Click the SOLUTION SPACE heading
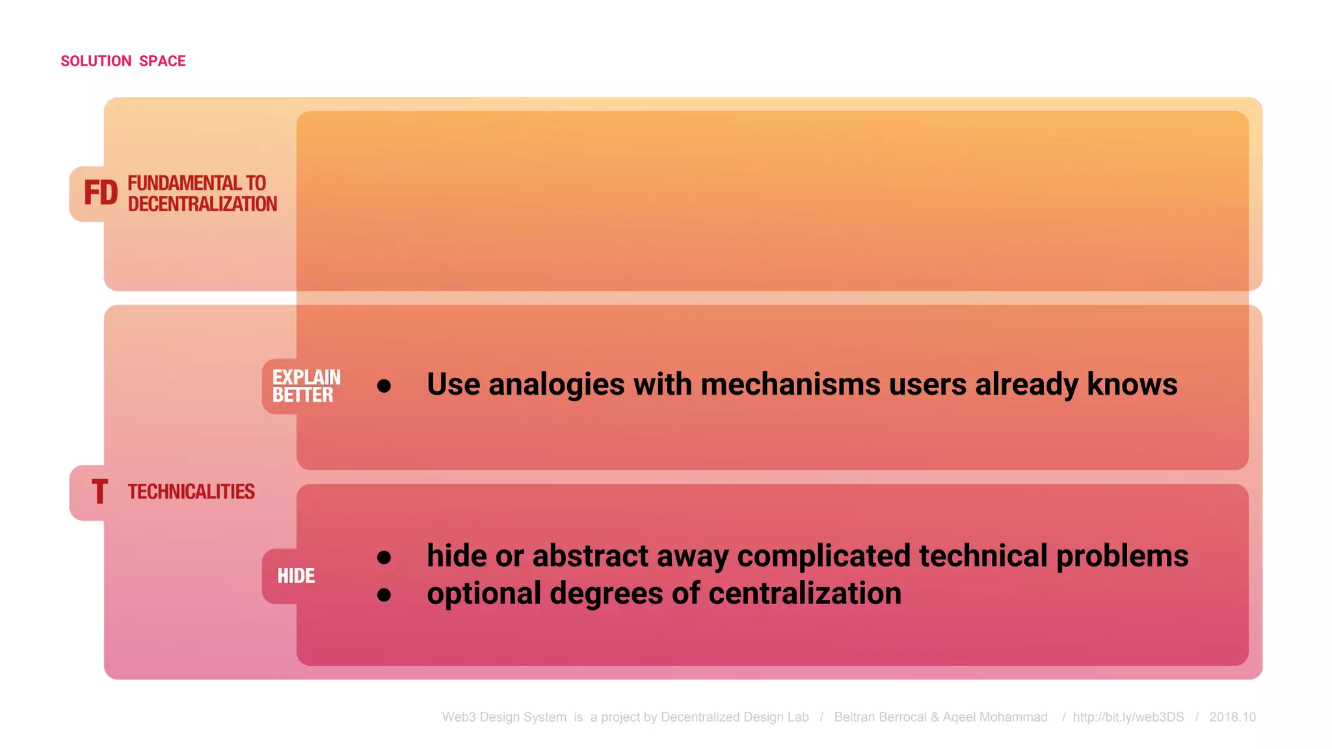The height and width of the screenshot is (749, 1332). (x=123, y=61)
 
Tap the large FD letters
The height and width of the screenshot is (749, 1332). (x=101, y=193)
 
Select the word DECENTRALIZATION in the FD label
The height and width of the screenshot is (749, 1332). (x=202, y=204)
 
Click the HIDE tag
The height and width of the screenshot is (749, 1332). (x=296, y=576)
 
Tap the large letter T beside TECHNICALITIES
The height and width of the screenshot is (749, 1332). (x=100, y=492)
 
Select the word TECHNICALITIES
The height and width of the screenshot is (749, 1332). (x=191, y=492)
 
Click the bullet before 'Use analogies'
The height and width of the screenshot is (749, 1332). (x=384, y=386)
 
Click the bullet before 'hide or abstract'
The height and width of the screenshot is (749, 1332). (x=384, y=557)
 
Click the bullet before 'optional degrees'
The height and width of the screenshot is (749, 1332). (x=384, y=594)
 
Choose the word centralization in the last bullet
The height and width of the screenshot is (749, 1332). (x=805, y=594)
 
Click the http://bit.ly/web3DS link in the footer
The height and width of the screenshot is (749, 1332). (x=1128, y=717)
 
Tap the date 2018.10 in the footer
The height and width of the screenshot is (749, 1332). (x=1232, y=717)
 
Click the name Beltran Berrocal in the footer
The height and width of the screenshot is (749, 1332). (x=880, y=717)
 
